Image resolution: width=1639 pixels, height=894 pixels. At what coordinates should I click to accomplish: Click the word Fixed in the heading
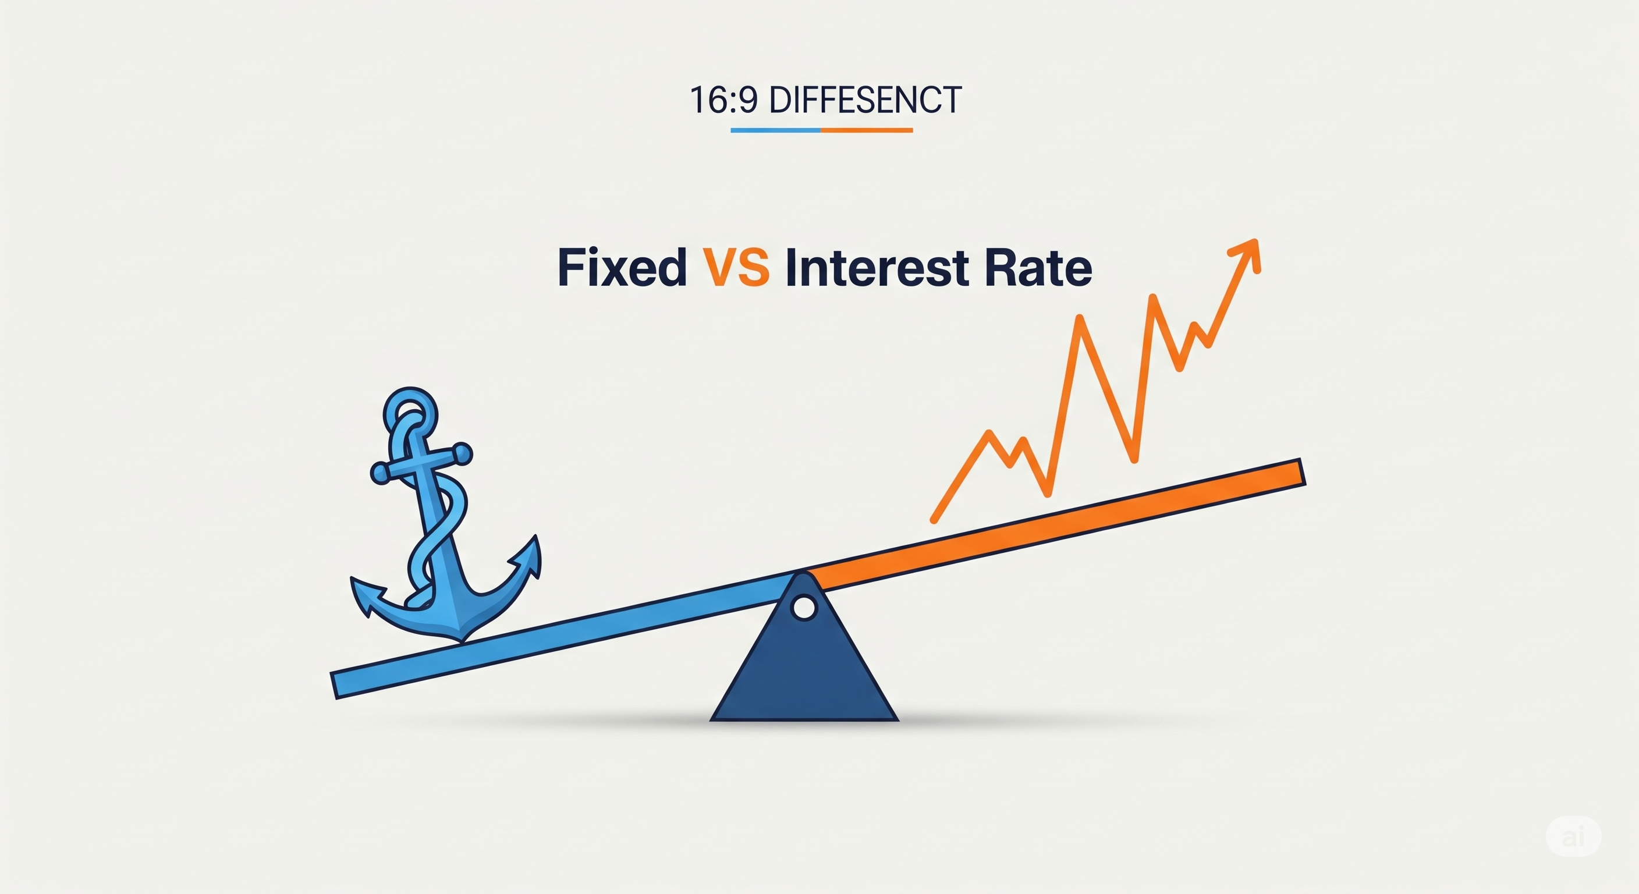(622, 267)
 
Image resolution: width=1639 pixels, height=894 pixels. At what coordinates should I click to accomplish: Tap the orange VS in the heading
(736, 267)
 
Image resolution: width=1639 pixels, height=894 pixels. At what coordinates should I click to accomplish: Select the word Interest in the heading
(877, 267)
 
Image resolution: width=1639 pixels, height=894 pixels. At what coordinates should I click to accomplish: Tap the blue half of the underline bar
(776, 130)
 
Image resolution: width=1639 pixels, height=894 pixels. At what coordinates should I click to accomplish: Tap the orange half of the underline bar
(867, 130)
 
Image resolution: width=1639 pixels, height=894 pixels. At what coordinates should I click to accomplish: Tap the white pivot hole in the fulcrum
(804, 607)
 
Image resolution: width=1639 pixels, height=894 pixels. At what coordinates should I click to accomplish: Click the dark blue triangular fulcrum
(804, 662)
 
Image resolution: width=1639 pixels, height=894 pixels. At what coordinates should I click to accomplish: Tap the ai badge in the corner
(1573, 836)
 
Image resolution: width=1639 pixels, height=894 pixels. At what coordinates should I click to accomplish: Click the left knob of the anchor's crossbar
(381, 473)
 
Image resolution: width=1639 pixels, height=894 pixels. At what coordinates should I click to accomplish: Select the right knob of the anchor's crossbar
(462, 453)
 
